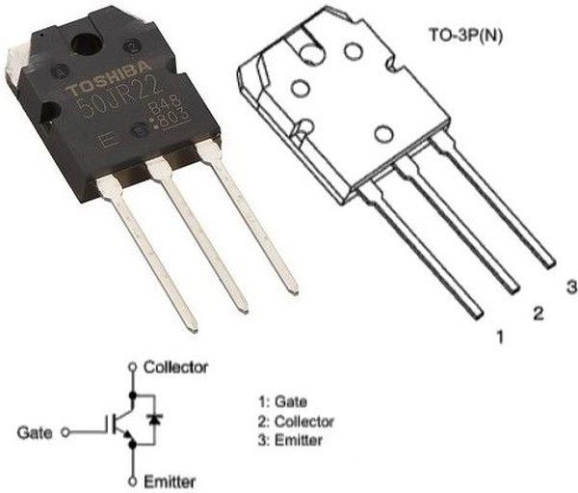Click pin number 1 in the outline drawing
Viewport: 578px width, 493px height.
pos(499,338)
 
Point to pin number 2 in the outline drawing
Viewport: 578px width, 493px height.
pos(539,313)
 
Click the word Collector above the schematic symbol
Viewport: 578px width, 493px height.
pos(174,368)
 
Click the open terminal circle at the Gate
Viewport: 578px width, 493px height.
pos(65,431)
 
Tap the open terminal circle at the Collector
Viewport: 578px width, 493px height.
pos(131,368)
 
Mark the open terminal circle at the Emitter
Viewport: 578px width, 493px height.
pos(131,479)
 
